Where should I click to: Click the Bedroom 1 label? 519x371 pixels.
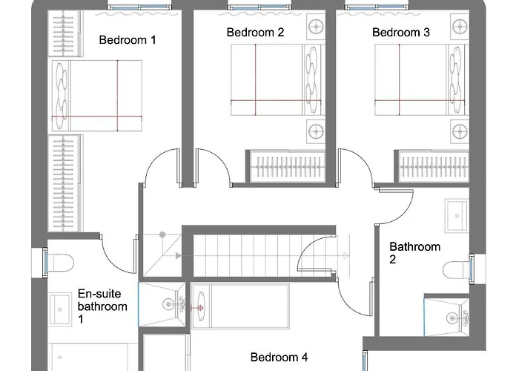[128, 40]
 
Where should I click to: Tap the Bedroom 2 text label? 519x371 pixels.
[255, 33]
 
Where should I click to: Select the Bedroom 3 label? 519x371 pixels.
[401, 33]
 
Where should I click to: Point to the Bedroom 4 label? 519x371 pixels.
[279, 358]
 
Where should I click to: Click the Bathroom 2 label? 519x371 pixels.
[414, 253]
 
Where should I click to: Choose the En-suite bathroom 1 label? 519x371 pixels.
[102, 306]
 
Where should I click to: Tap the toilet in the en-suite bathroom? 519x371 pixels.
[61, 263]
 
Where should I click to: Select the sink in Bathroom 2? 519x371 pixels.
[457, 216]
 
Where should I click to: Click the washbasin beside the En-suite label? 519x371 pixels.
[60, 309]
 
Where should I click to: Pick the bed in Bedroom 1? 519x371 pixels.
[96, 96]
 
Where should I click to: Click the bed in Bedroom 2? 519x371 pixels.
[278, 80]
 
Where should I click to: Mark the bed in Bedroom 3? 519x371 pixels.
[422, 80]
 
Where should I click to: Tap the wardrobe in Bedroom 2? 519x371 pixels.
[285, 166]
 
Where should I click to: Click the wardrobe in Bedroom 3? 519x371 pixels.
[432, 166]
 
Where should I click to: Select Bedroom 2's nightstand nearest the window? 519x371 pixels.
[316, 26]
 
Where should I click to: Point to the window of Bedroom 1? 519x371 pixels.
[139, 7]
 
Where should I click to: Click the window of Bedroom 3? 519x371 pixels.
[377, 7]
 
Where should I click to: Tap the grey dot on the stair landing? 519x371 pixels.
[162, 235]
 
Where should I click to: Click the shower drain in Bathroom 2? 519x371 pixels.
[452, 318]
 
